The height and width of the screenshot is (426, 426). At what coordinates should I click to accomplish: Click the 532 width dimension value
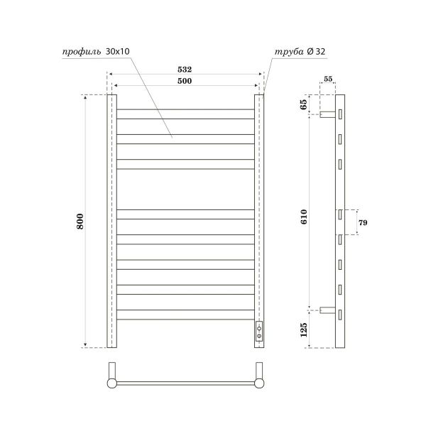point(185,70)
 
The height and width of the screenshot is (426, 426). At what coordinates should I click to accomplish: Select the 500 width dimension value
point(185,82)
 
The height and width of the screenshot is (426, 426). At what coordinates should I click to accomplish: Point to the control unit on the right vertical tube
point(260,330)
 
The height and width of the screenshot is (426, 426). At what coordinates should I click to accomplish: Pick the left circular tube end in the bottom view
point(112,384)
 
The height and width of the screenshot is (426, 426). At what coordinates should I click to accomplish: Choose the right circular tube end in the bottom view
point(260,384)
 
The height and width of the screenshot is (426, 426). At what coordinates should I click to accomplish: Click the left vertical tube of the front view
point(111,220)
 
